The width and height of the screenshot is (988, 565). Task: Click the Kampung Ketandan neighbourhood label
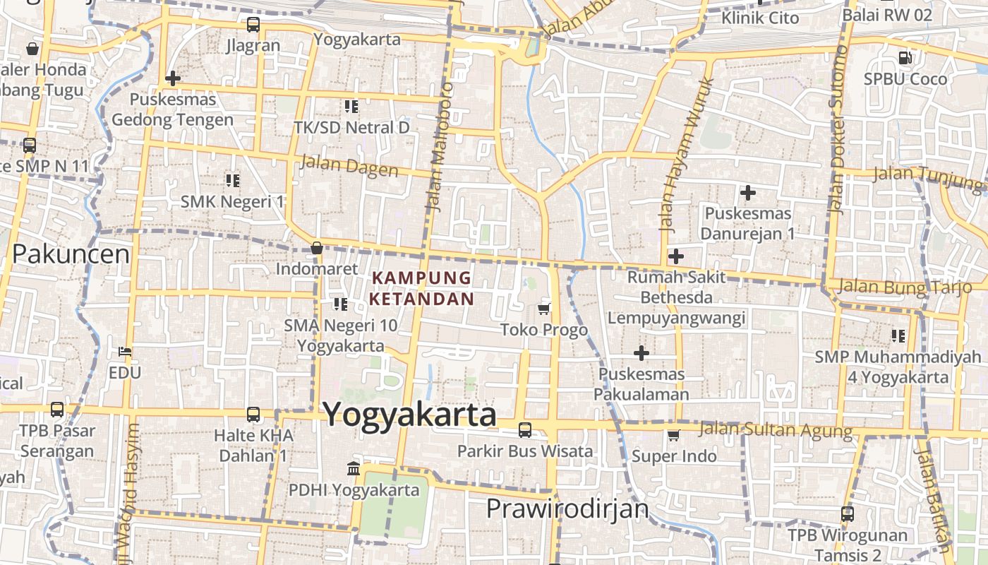tap(422, 288)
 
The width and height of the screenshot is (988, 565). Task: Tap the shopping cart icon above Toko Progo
tap(543, 309)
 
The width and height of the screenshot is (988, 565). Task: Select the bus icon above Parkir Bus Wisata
tap(524, 429)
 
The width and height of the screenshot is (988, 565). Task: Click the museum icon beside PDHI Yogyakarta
tap(354, 468)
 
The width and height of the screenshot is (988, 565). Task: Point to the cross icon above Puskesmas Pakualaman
tap(641, 352)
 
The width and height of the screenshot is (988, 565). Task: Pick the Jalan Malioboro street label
tap(439, 147)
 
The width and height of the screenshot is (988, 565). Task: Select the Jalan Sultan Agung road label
tap(775, 429)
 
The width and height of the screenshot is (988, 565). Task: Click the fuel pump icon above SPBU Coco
tap(905, 57)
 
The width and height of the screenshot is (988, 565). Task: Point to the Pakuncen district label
tap(71, 254)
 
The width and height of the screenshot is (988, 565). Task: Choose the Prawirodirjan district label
tap(567, 509)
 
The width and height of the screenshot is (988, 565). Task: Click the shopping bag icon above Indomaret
tap(317, 248)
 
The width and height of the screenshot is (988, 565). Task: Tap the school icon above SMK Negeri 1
tap(232, 181)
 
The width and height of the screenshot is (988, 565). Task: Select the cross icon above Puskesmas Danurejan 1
tap(747, 192)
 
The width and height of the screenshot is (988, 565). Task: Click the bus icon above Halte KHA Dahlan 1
tap(253, 415)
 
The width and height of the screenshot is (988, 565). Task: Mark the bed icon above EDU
tap(125, 351)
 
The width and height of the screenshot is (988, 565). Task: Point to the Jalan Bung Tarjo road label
tap(905, 287)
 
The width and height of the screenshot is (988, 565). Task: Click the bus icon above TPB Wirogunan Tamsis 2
tap(847, 514)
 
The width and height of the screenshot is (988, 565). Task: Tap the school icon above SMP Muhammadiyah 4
tap(898, 335)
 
